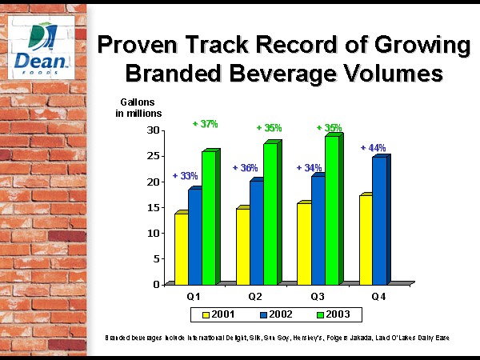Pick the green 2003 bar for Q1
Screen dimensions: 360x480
(x=209, y=218)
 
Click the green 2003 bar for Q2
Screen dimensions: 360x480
(x=270, y=214)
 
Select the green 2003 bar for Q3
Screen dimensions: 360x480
(x=332, y=210)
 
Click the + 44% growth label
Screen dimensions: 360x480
(x=373, y=148)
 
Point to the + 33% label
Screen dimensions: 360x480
(x=186, y=176)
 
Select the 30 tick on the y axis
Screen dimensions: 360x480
(x=154, y=130)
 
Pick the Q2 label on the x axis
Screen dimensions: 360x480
(x=255, y=296)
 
